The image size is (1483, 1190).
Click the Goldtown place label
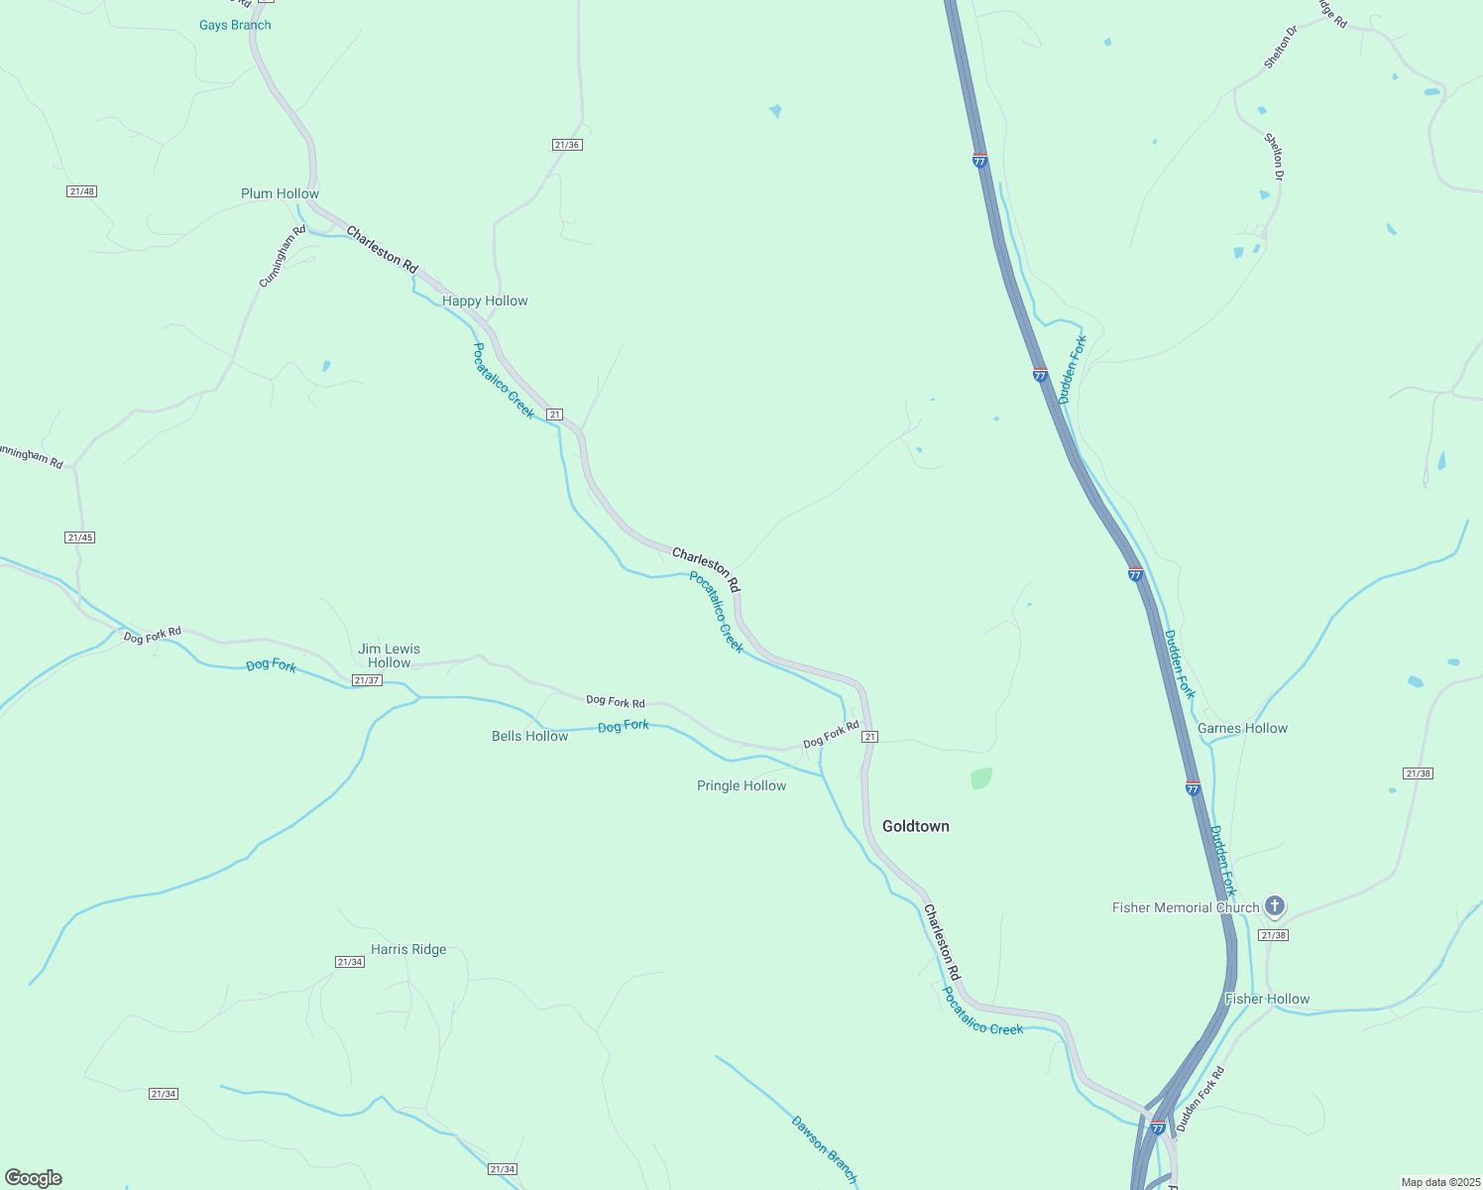[x=915, y=826]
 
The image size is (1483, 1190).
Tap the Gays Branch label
[x=235, y=25]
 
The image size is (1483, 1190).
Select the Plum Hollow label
[x=280, y=193]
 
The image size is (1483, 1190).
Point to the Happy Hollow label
[x=485, y=300]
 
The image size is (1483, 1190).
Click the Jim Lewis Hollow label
[x=389, y=655]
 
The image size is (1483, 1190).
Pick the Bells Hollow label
[x=530, y=736]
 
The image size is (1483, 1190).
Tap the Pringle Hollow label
[x=741, y=785]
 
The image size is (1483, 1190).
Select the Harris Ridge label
[x=408, y=949]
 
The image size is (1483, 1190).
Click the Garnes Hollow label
[x=1242, y=728]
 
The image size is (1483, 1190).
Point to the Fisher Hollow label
[x=1267, y=999]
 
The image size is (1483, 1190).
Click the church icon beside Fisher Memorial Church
[x=1275, y=905]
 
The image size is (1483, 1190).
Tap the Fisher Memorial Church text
[x=1186, y=907]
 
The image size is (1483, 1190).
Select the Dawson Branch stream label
[x=824, y=1149]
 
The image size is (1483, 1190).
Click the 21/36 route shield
[x=567, y=145]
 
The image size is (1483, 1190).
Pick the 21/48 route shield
[x=82, y=191]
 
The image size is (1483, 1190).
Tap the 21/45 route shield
[x=79, y=537]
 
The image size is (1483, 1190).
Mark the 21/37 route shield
[x=367, y=680]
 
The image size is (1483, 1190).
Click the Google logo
[x=33, y=1178]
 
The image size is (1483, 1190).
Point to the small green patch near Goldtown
[x=980, y=778]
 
